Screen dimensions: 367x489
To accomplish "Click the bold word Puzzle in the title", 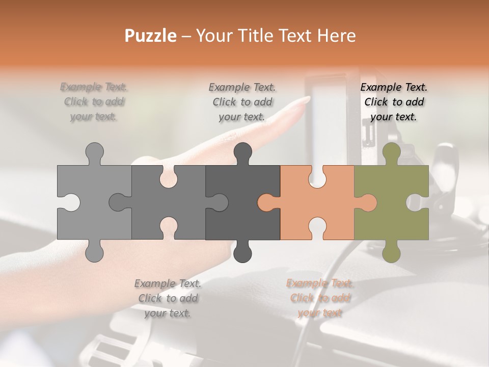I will tap(151, 36).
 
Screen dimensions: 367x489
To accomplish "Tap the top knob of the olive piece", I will tap(391, 152).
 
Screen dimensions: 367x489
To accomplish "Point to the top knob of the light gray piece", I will tap(94, 152).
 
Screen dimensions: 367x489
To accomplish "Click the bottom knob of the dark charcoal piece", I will tap(242, 252).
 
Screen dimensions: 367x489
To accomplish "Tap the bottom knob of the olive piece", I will tap(391, 252).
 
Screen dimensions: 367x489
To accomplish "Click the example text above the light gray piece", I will tap(94, 101).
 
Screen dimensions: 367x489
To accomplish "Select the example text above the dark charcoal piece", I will tap(242, 102).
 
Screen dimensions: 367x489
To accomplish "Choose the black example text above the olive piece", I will tap(394, 102).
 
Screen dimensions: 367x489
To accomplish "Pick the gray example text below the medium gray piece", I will tap(168, 298).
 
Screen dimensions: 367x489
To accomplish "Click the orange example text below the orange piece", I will tap(320, 298).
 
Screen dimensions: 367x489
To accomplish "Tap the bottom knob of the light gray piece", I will tap(94, 252).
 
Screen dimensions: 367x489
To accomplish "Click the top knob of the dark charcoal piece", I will tap(242, 152).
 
